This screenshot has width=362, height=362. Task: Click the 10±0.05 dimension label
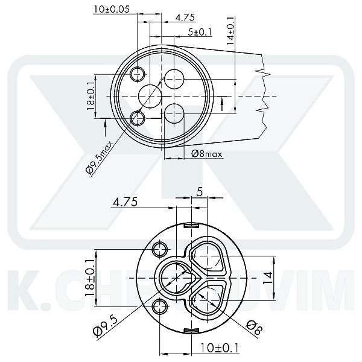pos(115,9)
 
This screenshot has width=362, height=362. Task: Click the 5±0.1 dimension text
pos(200,32)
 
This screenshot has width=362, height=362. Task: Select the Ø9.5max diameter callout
pos(100,157)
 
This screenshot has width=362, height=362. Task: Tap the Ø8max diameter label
pos(207,154)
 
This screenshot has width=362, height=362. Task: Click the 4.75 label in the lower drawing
pos(125,203)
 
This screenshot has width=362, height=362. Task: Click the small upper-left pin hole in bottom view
pos(161,249)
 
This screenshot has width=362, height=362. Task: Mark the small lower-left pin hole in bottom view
pos(161,306)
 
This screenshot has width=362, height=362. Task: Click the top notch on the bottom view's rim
pos(191,225)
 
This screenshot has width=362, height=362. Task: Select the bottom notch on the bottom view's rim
pos(191,329)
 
